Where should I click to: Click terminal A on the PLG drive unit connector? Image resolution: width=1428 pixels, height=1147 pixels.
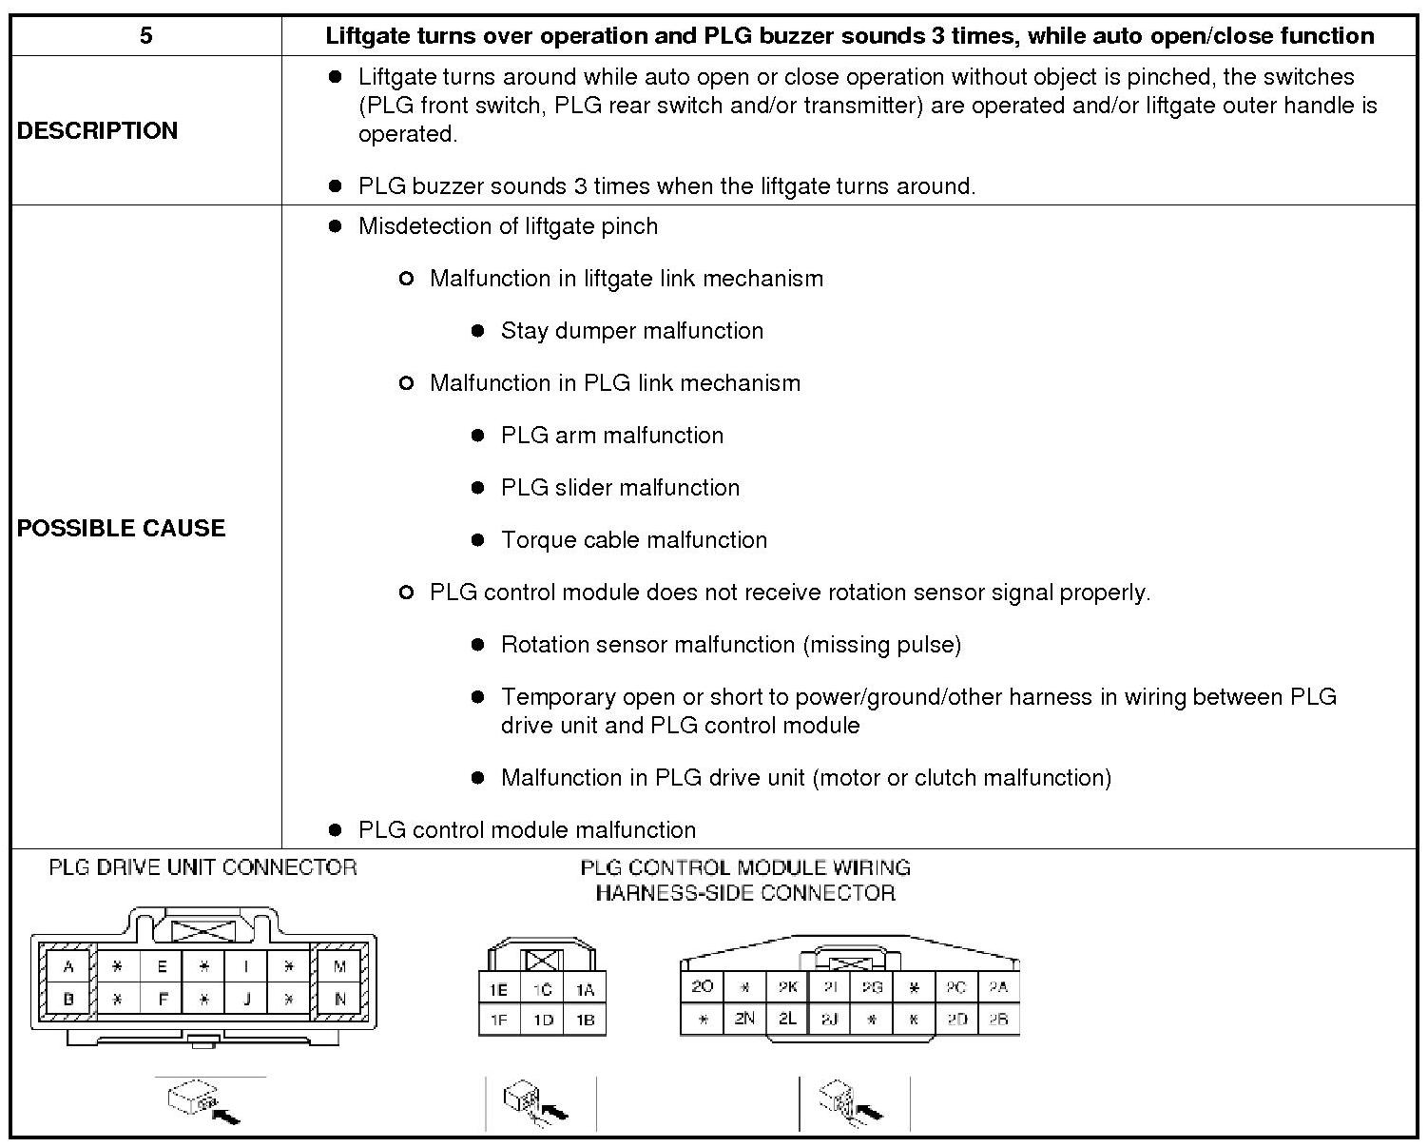coord(68,967)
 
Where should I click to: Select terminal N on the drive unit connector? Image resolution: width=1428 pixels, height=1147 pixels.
coord(339,1000)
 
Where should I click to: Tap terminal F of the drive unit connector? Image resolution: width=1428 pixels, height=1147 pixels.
coord(162,1000)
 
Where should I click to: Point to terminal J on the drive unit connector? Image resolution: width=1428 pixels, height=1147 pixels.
coord(245,1000)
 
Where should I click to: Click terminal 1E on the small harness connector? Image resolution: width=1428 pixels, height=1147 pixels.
coord(498,989)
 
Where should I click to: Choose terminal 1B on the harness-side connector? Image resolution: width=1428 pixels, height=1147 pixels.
coord(585,1020)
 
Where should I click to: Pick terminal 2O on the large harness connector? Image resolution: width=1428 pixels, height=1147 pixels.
coord(703,986)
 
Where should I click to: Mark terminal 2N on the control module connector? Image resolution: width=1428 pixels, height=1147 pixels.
coord(744,1019)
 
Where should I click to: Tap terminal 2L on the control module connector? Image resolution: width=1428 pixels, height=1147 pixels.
coord(787,1019)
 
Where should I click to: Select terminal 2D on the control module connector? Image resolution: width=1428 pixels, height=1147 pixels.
coord(956,1019)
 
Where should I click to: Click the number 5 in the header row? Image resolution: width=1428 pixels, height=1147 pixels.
coord(145,36)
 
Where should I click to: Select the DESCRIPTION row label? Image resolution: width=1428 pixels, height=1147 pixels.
coord(97,130)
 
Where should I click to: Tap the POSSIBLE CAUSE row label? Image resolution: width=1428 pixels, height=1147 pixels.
coord(121,528)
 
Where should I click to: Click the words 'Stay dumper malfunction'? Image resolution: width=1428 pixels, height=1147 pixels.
coord(631,331)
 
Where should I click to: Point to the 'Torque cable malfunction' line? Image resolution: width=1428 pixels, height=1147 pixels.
coord(633,540)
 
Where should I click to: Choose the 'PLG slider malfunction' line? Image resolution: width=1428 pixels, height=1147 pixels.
coord(620,488)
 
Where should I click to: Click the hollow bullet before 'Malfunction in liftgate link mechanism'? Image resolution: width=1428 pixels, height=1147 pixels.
coord(406,279)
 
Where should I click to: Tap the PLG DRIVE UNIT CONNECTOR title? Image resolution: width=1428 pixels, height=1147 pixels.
coord(203,867)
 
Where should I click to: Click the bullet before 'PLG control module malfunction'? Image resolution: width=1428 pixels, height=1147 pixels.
coord(335,829)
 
